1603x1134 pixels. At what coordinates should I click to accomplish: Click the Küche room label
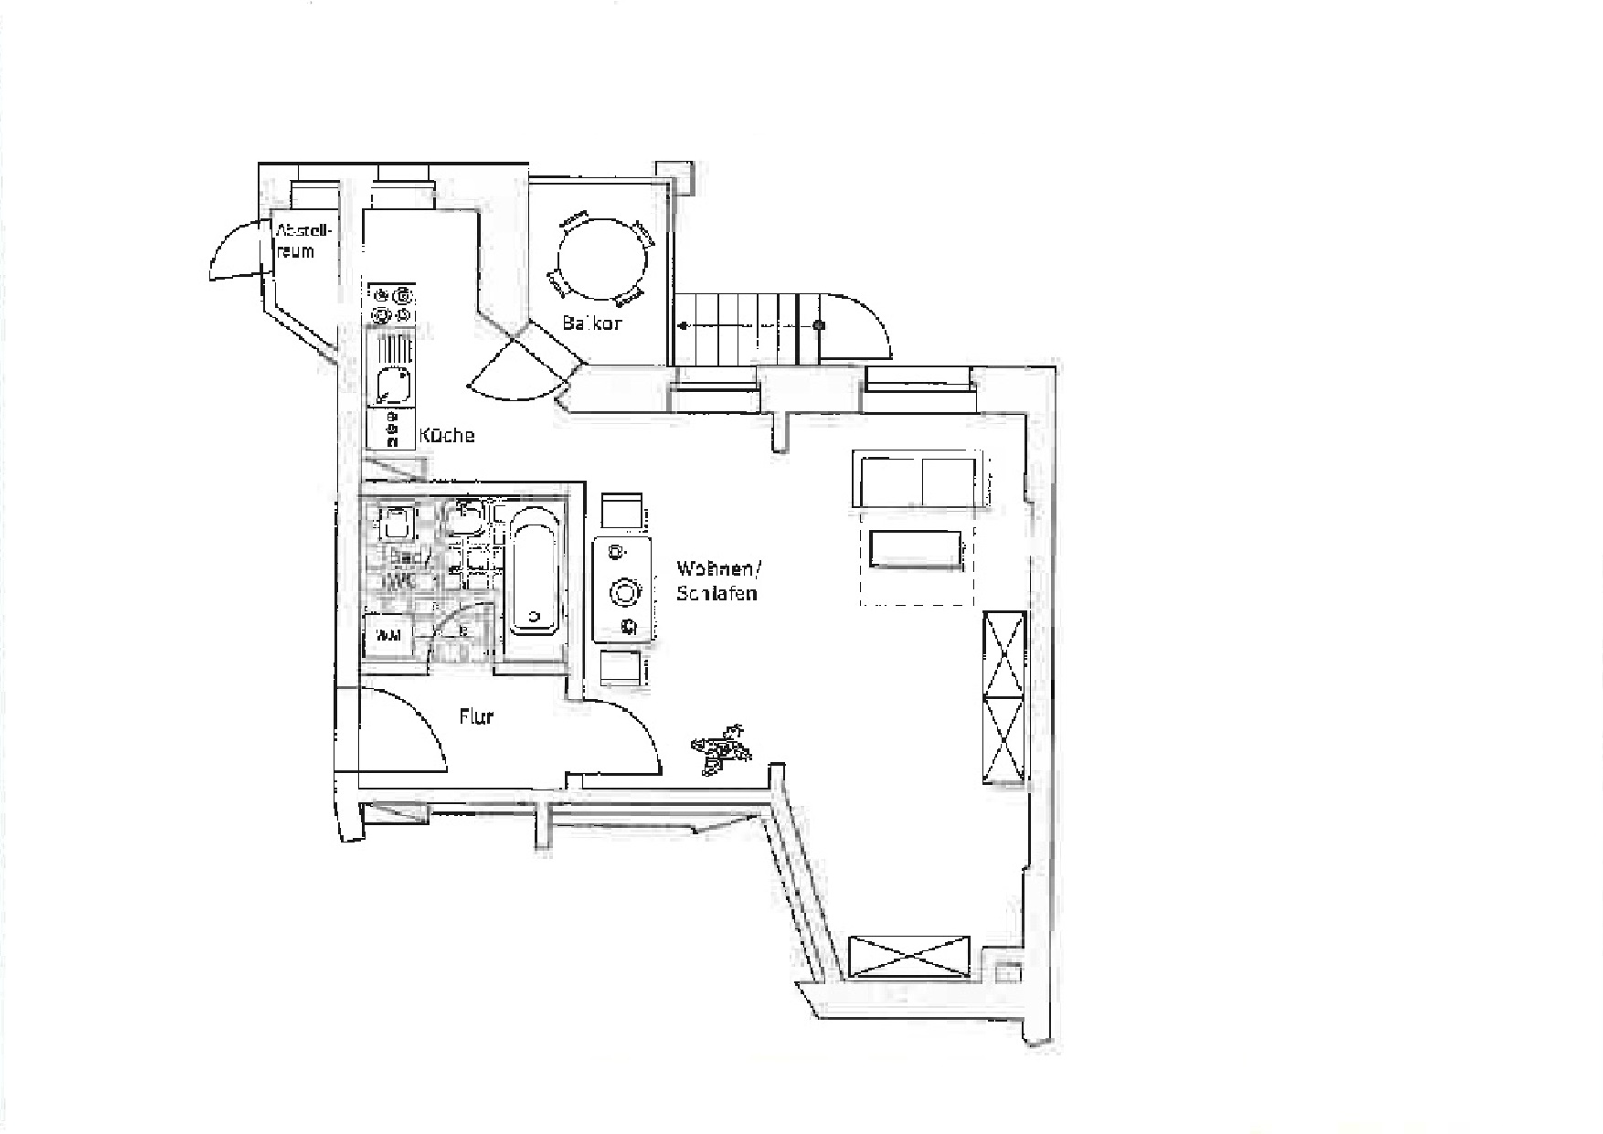click(447, 436)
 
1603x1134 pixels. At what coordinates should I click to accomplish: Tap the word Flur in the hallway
click(476, 716)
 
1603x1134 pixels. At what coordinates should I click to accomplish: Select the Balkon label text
click(592, 323)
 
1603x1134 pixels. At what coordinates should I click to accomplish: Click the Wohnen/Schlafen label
click(717, 580)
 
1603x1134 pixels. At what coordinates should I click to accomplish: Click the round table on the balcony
click(602, 258)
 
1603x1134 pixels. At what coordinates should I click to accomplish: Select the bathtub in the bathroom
click(534, 570)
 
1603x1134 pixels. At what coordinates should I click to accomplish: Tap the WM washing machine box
click(388, 635)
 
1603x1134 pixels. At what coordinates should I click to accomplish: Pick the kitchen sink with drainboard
click(393, 370)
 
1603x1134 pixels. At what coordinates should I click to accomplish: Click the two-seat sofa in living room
click(917, 479)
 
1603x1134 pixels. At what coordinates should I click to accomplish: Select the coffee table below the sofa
click(916, 550)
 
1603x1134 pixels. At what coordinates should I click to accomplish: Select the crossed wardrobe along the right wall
click(1004, 697)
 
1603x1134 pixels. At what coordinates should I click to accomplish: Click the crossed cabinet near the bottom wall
click(909, 957)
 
